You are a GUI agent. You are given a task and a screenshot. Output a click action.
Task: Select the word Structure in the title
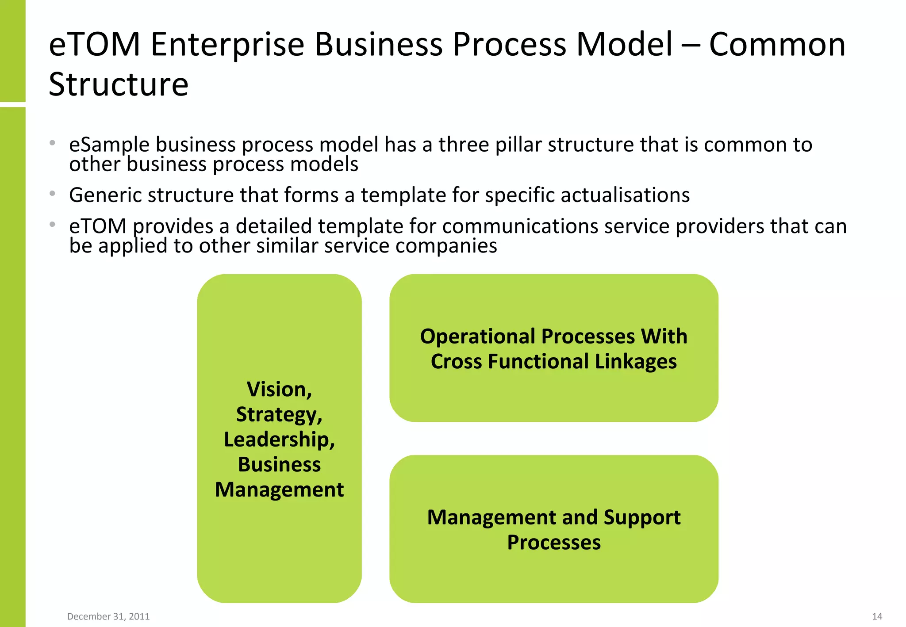pos(119,84)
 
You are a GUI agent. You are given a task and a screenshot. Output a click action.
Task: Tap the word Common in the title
pos(777,45)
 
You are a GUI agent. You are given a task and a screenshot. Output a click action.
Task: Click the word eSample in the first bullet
pos(109,145)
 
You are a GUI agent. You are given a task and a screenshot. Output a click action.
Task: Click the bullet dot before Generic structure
pos(53,194)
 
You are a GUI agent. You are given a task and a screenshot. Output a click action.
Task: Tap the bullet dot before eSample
pos(53,143)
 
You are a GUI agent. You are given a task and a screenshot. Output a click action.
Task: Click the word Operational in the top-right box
pos(478,336)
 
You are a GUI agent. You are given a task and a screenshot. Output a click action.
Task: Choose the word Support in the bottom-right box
pos(642,517)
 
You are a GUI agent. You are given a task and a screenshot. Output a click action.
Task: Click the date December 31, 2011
pos(108,616)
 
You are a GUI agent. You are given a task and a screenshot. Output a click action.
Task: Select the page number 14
pos(877,616)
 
